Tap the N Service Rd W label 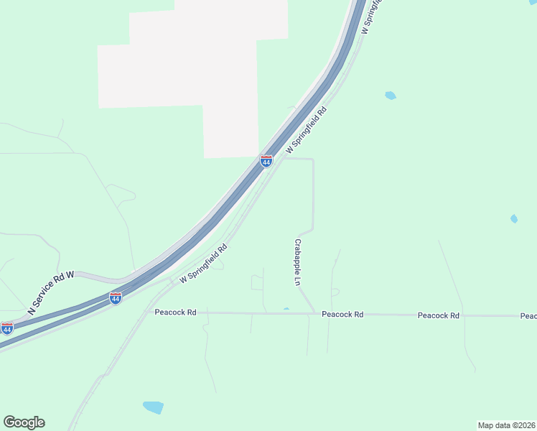tap(51, 292)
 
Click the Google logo tap(24, 422)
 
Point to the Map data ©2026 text tap(506, 425)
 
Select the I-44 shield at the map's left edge tap(6, 328)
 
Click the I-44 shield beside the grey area tap(266, 161)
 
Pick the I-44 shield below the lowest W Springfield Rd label tap(116, 298)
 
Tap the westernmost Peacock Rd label tap(175, 312)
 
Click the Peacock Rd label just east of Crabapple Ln tap(342, 314)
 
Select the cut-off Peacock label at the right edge tap(528, 316)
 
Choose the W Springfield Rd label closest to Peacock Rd tap(203, 263)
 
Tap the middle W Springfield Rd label tap(307, 130)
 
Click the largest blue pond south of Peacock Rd tap(153, 407)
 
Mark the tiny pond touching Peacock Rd tap(286, 310)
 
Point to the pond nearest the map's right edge tap(513, 218)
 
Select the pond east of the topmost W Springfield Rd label tap(390, 95)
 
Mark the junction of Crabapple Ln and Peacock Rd tap(314, 313)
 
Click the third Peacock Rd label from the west tap(438, 315)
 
